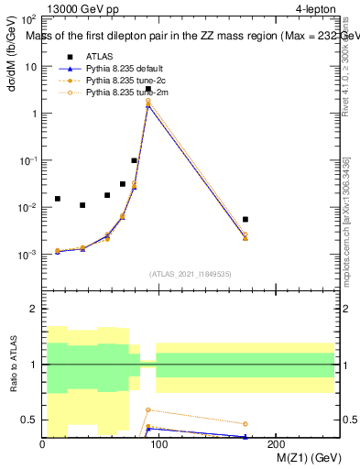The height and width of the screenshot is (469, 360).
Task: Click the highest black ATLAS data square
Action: pos(148,89)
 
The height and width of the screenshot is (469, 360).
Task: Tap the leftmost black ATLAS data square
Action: pos(58,199)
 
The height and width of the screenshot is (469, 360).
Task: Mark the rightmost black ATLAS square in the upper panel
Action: pos(245,219)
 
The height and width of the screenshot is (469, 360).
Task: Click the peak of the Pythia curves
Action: pos(148,104)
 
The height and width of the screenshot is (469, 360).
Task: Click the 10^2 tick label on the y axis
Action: pos(27,19)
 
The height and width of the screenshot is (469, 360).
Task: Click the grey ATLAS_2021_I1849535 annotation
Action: pos(191,273)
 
